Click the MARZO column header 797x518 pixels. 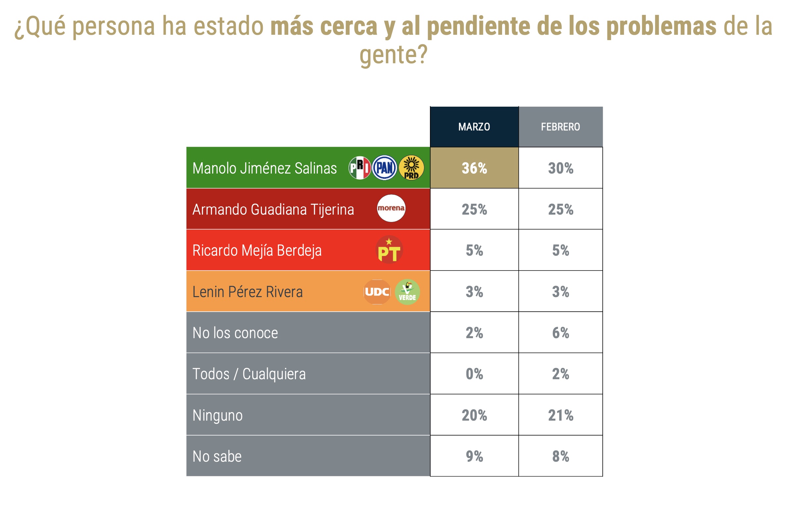point(474,127)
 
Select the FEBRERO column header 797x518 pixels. point(560,127)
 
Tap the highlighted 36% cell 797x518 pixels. point(474,168)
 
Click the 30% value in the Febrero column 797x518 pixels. point(561,168)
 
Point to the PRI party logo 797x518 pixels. point(360,168)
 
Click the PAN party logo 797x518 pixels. point(385,168)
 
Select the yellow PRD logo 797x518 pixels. point(411,168)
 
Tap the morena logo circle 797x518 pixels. point(391,208)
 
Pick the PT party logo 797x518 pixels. point(389,250)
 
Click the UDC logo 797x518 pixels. point(377,292)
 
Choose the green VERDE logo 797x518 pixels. point(407,292)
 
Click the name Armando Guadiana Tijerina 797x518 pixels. point(273,209)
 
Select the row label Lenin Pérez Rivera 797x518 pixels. point(248,292)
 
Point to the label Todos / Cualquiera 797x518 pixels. point(249,374)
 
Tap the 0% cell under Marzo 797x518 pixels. point(474,374)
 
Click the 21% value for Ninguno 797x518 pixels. point(561,415)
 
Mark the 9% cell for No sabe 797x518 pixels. point(474,456)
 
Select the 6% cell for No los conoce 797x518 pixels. point(561,333)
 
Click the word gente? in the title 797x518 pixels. point(394,54)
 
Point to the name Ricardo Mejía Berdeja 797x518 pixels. point(257,251)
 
